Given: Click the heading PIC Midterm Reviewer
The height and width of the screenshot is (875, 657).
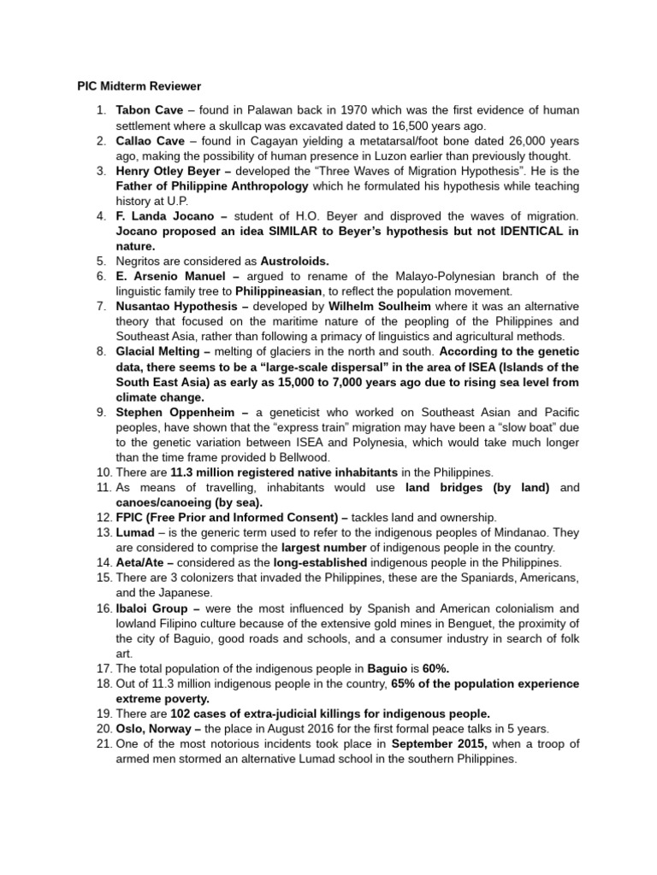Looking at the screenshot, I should click(134, 86).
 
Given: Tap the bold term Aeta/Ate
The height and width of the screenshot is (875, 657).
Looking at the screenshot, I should click(143, 563).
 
